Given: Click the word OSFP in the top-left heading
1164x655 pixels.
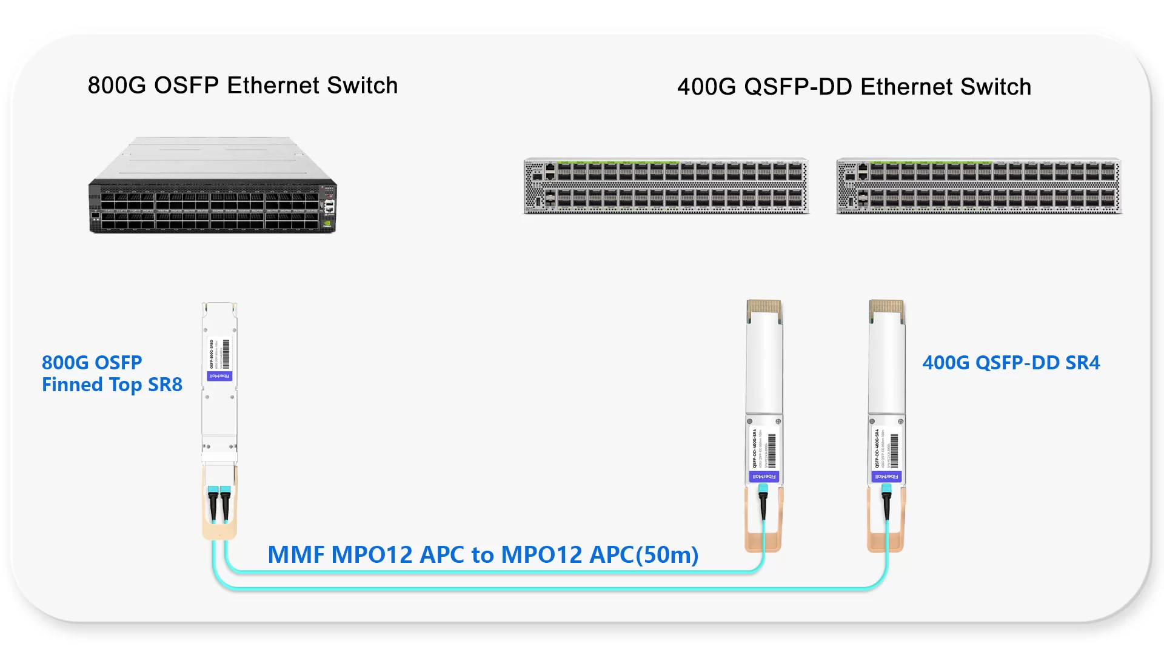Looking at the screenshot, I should (x=186, y=86).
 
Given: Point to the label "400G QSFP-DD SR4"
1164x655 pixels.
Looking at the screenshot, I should (x=1011, y=363).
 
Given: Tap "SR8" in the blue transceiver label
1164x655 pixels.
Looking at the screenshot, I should (x=165, y=385).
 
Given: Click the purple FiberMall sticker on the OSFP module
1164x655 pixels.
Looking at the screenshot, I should (x=219, y=376).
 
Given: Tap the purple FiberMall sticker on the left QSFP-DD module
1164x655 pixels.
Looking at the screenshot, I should (x=764, y=477).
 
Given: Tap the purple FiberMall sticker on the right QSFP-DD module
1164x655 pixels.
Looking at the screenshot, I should (x=886, y=477).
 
